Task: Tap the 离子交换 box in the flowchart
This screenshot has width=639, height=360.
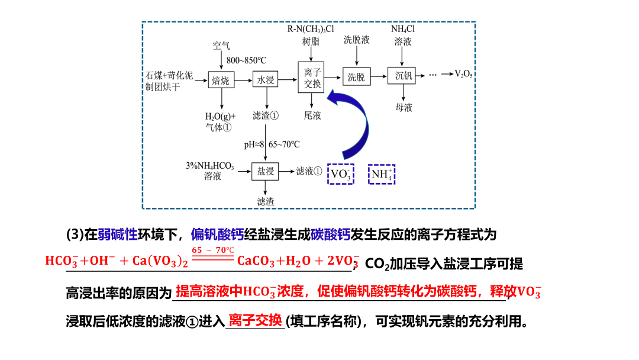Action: [x=312, y=78]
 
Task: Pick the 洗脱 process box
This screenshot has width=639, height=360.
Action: [x=356, y=77]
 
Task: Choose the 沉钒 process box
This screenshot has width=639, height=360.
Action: [x=405, y=76]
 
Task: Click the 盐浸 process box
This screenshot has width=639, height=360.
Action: [x=265, y=171]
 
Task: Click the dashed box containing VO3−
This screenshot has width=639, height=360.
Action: [x=341, y=174]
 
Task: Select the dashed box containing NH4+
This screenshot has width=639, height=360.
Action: [x=382, y=174]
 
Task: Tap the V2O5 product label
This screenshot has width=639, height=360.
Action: [x=463, y=74]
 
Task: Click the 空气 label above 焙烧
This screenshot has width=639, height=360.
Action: [x=221, y=46]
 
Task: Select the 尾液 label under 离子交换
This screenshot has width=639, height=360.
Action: [x=312, y=115]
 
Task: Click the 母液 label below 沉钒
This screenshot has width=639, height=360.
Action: [x=404, y=108]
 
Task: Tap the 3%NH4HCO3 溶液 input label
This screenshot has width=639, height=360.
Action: [x=210, y=171]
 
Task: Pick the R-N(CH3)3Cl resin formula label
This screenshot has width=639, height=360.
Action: [x=311, y=28]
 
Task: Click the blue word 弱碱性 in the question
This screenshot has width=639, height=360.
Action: [x=118, y=235]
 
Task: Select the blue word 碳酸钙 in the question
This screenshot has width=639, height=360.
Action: [x=330, y=235]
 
